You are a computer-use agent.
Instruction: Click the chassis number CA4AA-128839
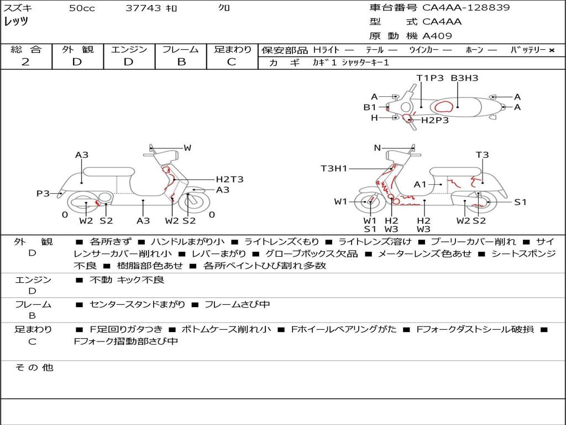pos(466,8)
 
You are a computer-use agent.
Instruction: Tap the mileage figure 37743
pos(143,8)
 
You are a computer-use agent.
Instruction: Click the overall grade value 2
pos(25,62)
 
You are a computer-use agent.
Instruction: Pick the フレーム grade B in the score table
pos(181,62)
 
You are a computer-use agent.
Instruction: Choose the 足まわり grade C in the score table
pos(232,62)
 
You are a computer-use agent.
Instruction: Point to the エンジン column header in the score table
pos(129,49)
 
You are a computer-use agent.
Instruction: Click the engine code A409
pos(437,36)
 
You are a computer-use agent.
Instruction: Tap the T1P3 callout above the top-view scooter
pos(430,78)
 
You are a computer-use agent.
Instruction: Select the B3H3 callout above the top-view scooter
pos(464,78)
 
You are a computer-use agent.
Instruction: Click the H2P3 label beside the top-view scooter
pos(435,120)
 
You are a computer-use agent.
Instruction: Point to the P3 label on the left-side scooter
pos(43,193)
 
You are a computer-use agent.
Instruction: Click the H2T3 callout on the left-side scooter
pos(229,179)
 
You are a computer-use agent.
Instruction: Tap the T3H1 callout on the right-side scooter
pos(334,168)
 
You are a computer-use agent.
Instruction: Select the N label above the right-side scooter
pos(378,148)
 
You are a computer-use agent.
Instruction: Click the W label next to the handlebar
pos(187,148)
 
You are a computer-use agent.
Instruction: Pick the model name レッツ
pos(16,22)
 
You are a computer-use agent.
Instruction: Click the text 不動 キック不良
pos(127,280)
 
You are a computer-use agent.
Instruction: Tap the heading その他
pos(34,367)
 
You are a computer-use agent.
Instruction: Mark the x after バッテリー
pos(552,50)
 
